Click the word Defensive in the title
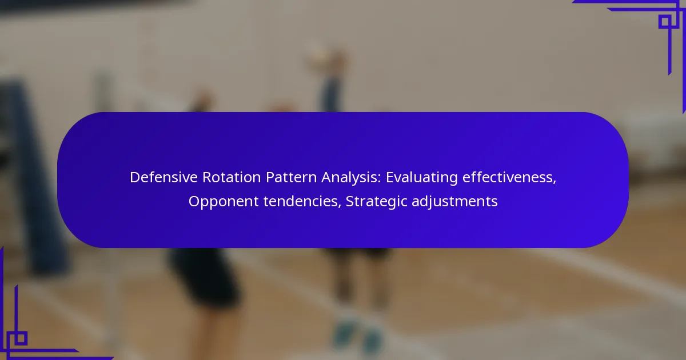(x=163, y=177)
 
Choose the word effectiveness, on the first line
(x=509, y=178)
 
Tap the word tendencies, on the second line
(x=302, y=202)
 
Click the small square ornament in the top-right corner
(x=665, y=22)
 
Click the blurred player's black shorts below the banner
(x=205, y=275)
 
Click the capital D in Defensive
(x=135, y=177)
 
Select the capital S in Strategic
(x=350, y=202)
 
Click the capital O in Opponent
(x=194, y=202)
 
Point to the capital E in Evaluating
(x=390, y=177)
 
